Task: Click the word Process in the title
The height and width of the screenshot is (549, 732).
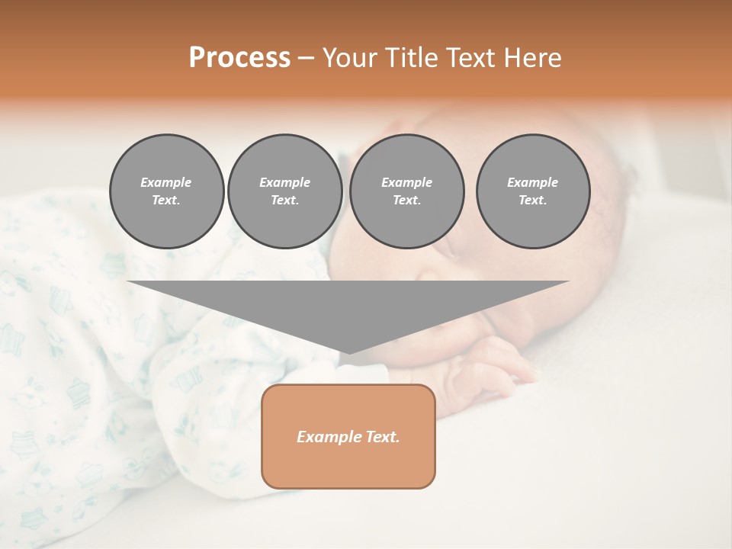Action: (239, 58)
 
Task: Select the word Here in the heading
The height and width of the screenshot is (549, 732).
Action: (534, 58)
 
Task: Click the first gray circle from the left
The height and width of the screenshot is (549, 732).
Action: (166, 191)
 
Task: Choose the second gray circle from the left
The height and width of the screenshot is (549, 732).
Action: (284, 191)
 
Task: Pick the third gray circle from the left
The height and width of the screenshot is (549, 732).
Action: (406, 191)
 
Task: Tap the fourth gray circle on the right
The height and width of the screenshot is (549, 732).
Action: (532, 191)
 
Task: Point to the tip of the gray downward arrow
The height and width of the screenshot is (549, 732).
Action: (348, 352)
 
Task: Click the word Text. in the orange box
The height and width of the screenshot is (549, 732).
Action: (384, 437)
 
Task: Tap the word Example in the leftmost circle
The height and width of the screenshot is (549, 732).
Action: (166, 182)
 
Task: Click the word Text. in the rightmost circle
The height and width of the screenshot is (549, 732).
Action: (532, 201)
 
